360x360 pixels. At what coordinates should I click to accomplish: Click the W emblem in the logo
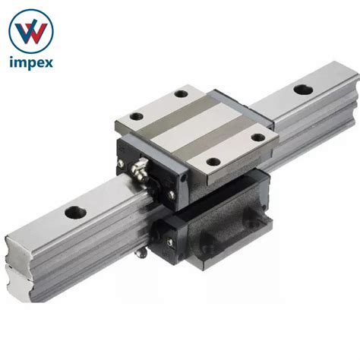pyautogui.click(x=31, y=32)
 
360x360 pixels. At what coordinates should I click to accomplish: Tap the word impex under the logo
pyautogui.click(x=31, y=63)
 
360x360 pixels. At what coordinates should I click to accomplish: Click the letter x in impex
pyautogui.click(x=47, y=63)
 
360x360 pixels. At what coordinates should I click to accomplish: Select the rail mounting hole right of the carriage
pyautogui.click(x=303, y=90)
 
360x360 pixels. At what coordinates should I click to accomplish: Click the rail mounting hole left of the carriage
pyautogui.click(x=75, y=213)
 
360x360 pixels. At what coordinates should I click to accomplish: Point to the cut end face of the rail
pyautogui.click(x=18, y=268)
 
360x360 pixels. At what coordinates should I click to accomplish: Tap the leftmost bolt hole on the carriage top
pyautogui.click(x=137, y=116)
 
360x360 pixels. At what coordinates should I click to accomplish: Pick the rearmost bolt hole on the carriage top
pyautogui.click(x=181, y=93)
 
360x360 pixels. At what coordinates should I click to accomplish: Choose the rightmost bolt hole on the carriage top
pyautogui.click(x=258, y=137)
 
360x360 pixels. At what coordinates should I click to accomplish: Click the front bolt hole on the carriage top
pyautogui.click(x=213, y=162)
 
